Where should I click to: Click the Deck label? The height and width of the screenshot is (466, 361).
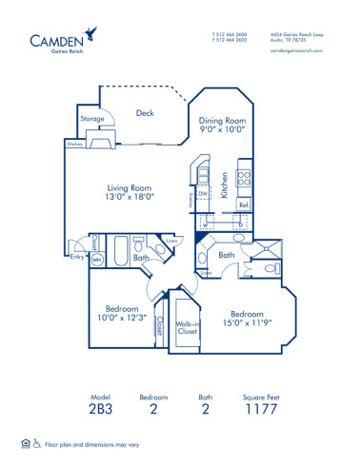point(145,113)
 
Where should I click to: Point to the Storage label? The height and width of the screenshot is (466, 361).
point(91,119)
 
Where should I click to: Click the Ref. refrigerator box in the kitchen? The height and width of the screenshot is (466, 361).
point(243,205)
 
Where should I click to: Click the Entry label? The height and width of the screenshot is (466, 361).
point(76,256)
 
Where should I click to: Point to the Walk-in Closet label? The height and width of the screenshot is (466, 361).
point(187,327)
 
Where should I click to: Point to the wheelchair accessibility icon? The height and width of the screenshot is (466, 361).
point(37,443)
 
